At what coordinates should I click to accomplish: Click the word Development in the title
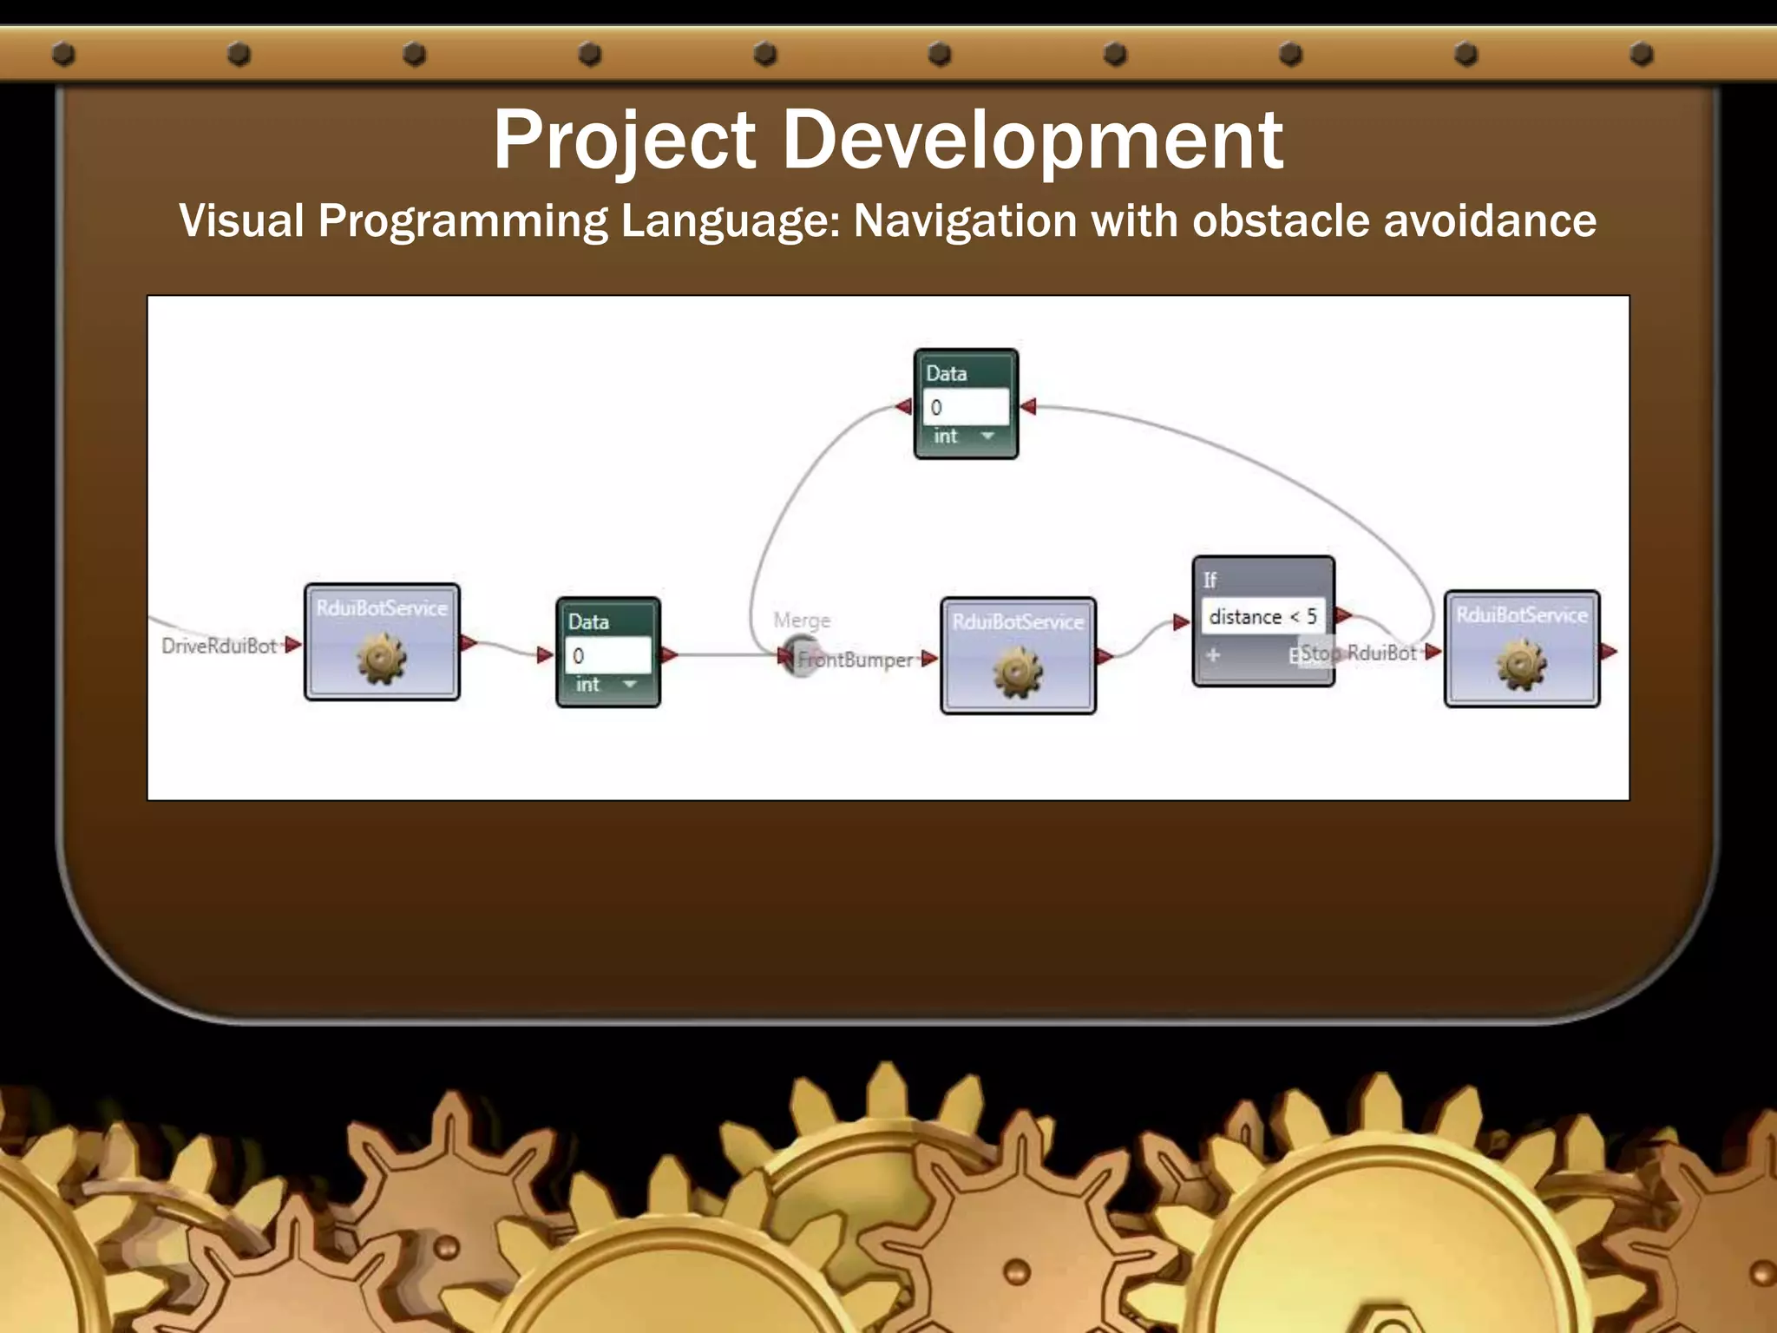point(1033,141)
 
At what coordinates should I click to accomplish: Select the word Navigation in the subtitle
point(964,220)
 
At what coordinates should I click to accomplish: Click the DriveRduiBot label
point(219,646)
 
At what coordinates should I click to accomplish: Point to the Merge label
point(802,621)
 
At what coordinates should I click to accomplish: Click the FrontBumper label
point(856,660)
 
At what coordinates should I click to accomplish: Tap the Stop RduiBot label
point(1359,653)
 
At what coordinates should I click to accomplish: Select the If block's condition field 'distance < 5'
point(1262,616)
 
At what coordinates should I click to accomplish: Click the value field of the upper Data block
point(965,407)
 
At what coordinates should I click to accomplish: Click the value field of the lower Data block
point(607,656)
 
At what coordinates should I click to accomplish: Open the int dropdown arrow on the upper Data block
point(987,436)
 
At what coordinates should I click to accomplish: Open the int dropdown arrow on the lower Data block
point(630,685)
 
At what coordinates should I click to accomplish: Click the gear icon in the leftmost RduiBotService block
point(381,659)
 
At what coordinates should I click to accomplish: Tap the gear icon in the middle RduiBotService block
point(1017,673)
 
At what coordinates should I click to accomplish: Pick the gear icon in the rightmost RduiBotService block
point(1521,665)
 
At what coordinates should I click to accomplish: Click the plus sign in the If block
point(1213,655)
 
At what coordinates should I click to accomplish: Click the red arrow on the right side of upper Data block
point(1028,406)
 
